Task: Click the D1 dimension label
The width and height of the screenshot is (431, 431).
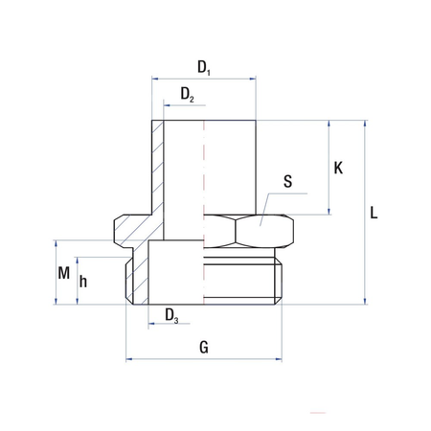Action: pos(203,67)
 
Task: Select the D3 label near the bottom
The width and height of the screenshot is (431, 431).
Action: pos(170,315)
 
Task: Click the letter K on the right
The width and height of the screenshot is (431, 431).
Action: pos(338,168)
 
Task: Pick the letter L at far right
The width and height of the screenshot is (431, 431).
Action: pos(374,213)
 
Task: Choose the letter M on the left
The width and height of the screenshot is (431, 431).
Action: pos(64,272)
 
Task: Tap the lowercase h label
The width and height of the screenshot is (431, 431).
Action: pos(85,282)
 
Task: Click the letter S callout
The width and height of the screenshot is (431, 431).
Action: pos(289,181)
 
